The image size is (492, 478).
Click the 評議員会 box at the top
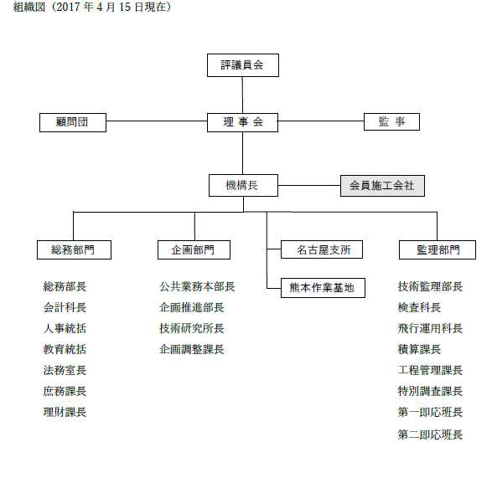coord(243,65)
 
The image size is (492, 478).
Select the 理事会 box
coord(242,122)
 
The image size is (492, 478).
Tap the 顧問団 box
coord(73,122)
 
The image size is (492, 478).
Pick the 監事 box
coord(391,121)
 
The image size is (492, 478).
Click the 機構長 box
coord(244,185)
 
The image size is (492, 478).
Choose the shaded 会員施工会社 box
coord(382,186)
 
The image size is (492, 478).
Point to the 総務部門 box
coord(74,249)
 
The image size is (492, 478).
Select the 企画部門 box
coord(194,249)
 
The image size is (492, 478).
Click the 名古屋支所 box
coord(322,249)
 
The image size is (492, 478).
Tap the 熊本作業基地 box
coord(323,288)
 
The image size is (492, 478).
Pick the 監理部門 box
coord(438,249)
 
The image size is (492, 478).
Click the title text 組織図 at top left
coord(28,7)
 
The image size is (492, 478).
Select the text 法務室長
coord(65,370)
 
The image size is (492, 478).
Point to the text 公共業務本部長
coord(197,286)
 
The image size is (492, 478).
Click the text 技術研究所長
coord(192,328)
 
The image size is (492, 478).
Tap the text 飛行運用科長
coord(430,328)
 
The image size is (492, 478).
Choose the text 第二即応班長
coord(430,434)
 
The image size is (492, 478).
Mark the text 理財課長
coord(65,412)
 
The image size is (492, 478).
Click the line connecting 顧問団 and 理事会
coord(157,121)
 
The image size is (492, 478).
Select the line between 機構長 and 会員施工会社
coord(309,185)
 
